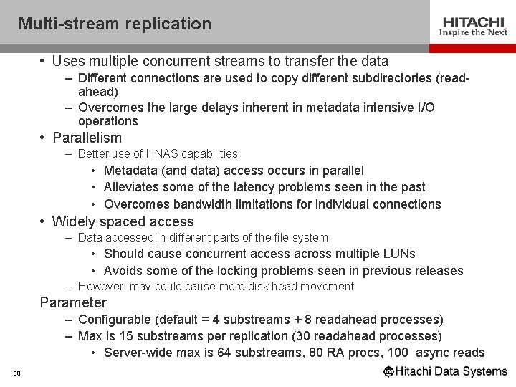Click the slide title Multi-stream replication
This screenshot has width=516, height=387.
click(x=115, y=24)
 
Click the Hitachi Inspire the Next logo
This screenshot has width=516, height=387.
click(x=474, y=26)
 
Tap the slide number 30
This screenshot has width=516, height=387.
click(x=16, y=373)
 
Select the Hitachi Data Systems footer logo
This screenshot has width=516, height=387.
click(x=445, y=372)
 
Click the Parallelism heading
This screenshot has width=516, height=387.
click(x=87, y=138)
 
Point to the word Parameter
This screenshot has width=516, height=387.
click(x=73, y=302)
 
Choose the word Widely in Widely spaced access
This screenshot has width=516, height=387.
click(x=73, y=221)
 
